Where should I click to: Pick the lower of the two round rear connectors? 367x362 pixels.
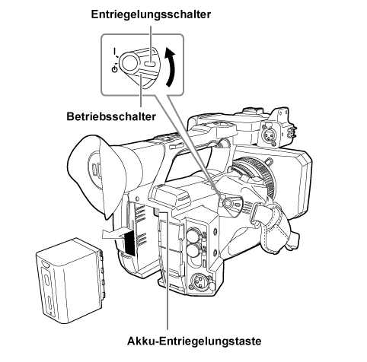point(192,251)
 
